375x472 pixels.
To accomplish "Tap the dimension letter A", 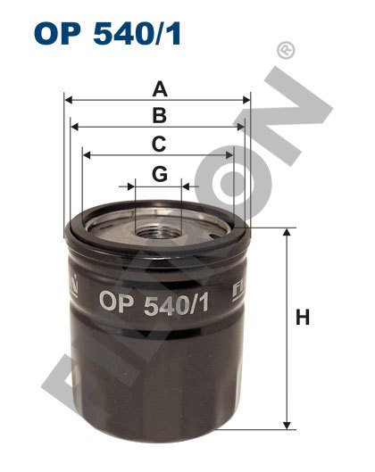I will coord(159,88).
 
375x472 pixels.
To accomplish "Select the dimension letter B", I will coord(159,115).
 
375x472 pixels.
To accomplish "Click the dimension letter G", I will coord(159,173).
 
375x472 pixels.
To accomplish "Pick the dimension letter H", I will coord(303,317).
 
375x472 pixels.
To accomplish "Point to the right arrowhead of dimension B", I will coord(241,128).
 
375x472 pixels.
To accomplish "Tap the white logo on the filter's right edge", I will coord(238,287).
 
